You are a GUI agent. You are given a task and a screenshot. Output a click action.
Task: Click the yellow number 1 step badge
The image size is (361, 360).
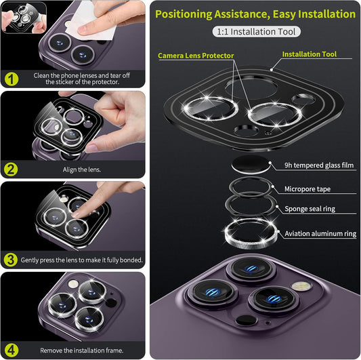click(12, 79)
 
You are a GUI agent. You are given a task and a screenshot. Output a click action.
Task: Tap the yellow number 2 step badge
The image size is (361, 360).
click(11, 169)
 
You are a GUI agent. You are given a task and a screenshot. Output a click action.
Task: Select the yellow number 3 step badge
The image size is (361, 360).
click(11, 260)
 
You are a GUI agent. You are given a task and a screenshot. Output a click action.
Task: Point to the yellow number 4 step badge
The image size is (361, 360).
click(11, 351)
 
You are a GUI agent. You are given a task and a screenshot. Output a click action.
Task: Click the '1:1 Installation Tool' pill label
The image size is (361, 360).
click(256, 32)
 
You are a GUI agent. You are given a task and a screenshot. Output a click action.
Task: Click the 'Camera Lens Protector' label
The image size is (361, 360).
click(196, 56)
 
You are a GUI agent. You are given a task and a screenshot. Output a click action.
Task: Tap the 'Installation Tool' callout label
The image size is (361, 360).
click(310, 54)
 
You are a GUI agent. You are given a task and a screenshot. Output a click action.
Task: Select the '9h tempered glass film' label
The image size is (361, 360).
click(319, 165)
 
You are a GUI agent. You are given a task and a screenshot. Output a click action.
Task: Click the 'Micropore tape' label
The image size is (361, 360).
click(307, 189)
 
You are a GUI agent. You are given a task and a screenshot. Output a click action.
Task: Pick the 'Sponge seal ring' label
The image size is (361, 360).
click(310, 209)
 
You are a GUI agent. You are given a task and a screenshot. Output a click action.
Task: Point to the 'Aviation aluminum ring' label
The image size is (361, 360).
click(320, 233)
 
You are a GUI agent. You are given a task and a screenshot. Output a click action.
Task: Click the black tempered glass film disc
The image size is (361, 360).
click(251, 164)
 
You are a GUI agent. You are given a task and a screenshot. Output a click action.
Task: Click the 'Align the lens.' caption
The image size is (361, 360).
click(82, 169)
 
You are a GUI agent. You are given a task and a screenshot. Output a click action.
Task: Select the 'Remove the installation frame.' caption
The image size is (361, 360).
click(82, 351)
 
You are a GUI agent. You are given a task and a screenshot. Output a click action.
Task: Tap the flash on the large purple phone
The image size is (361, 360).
click(302, 287)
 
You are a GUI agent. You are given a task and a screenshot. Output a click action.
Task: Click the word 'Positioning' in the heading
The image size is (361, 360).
click(184, 14)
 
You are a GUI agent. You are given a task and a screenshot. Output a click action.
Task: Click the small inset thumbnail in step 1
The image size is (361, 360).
click(24, 18)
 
